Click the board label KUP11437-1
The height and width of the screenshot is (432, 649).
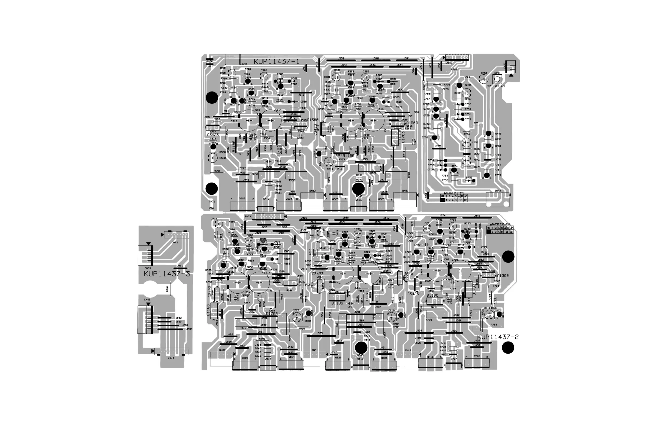tap(276, 62)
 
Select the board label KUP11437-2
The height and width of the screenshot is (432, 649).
tap(498, 337)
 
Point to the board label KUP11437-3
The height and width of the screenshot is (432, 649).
tap(167, 274)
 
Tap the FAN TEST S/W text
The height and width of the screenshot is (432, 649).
tap(496, 86)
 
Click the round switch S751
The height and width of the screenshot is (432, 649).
tap(497, 79)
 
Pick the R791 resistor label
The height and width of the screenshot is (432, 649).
tap(167, 288)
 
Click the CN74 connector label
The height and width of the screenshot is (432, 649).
tap(171, 358)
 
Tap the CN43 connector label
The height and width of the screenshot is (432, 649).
tap(147, 300)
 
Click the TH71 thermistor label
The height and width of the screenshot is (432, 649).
tap(212, 202)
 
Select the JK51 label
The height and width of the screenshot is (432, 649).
tap(244, 64)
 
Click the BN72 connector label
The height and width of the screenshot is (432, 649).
tap(497, 191)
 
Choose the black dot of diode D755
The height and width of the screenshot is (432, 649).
tap(474, 181)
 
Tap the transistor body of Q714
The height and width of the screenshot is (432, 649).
tap(499, 314)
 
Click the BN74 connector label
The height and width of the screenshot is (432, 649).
tap(248, 217)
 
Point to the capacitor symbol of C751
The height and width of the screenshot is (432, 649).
tap(484, 79)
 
